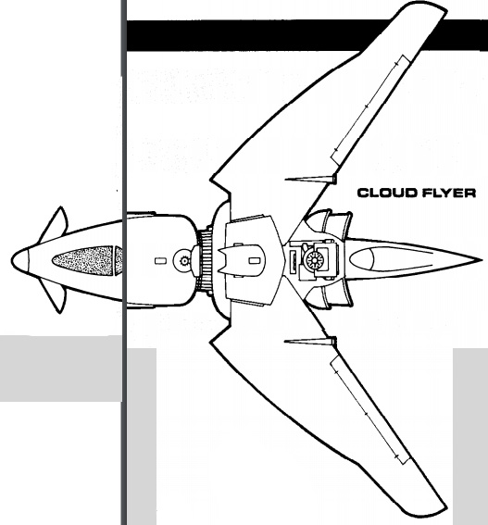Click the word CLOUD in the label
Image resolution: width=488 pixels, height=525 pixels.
click(x=382, y=193)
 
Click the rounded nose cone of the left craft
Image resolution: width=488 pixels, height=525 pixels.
click(x=20, y=260)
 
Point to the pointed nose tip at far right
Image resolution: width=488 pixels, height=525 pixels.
click(x=481, y=259)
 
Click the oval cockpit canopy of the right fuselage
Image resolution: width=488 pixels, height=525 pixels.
click(x=362, y=259)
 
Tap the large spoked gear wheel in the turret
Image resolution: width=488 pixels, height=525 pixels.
click(x=315, y=259)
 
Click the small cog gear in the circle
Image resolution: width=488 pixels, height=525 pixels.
click(x=184, y=260)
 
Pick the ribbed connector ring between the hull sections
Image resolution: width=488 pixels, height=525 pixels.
click(x=204, y=260)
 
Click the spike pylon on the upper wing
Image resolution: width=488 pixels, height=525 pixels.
click(x=310, y=179)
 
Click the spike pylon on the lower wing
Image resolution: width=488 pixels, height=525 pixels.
click(x=310, y=341)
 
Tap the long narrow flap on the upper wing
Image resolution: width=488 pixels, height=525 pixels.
click(x=370, y=109)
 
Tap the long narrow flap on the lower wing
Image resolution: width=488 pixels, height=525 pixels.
click(x=370, y=410)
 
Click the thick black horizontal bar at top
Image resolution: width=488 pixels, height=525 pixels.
click(x=307, y=35)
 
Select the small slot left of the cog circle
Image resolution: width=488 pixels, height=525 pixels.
click(x=160, y=260)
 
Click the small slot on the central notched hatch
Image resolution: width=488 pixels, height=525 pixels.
click(x=255, y=260)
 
